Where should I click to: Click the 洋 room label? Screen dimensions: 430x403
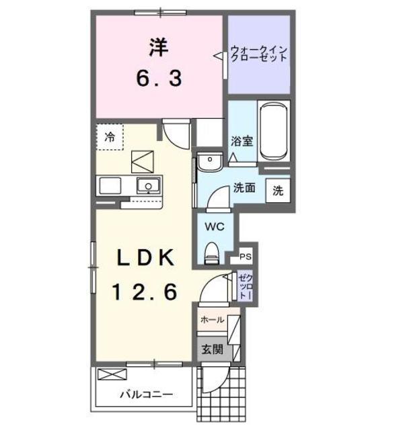click(x=159, y=48)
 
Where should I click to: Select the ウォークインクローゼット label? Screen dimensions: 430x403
click(x=259, y=54)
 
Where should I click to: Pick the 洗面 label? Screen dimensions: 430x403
click(x=244, y=188)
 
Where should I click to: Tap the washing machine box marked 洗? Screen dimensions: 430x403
click(x=278, y=190)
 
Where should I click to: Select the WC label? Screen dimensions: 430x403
click(x=215, y=226)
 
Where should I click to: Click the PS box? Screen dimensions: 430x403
click(x=246, y=256)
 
